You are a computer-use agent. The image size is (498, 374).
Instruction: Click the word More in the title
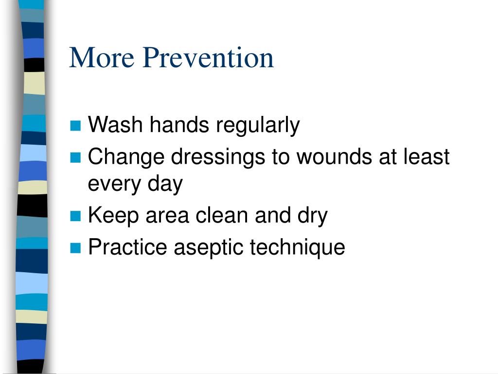pyautogui.click(x=102, y=57)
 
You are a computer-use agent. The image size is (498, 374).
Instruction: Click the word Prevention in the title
pyautogui.click(x=208, y=57)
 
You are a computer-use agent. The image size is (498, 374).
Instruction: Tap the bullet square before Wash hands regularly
pyautogui.click(x=75, y=126)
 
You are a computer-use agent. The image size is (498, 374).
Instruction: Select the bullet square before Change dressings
pyautogui.click(x=75, y=157)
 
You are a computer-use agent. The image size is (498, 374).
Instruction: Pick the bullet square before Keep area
pyautogui.click(x=75, y=216)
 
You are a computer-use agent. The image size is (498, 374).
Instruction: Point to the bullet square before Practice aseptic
pyautogui.click(x=75, y=247)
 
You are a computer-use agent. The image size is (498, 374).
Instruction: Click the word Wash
pyautogui.click(x=115, y=124)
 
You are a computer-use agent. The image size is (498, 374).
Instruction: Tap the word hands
pyautogui.click(x=179, y=124)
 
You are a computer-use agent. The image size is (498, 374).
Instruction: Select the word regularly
pyautogui.click(x=258, y=126)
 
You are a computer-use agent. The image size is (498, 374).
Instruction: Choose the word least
pyautogui.click(x=427, y=156)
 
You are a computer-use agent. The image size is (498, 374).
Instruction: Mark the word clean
pyautogui.click(x=222, y=215)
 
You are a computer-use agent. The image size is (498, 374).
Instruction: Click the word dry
pyautogui.click(x=313, y=217)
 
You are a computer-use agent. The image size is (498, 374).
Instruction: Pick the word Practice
pyautogui.click(x=127, y=247)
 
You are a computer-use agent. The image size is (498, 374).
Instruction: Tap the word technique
pyautogui.click(x=298, y=248)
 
